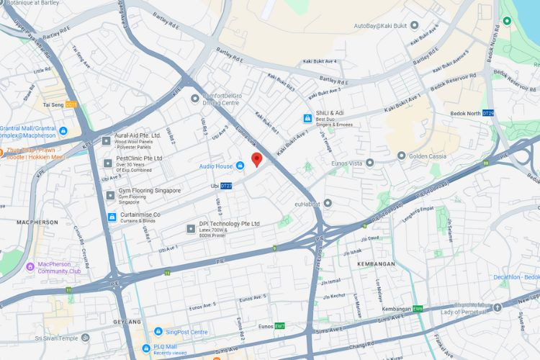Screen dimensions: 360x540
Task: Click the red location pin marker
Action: point(256,160)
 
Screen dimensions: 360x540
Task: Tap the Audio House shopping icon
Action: point(240,166)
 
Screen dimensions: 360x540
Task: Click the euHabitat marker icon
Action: point(328,203)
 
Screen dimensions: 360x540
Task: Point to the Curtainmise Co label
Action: point(140,215)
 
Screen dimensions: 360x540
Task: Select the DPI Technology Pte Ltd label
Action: point(229,224)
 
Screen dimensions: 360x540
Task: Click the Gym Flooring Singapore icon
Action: point(110,194)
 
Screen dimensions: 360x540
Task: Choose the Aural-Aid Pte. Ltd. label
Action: point(138,135)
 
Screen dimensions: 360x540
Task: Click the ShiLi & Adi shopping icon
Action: point(307,117)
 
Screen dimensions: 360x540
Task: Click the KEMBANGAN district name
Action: point(376,264)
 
